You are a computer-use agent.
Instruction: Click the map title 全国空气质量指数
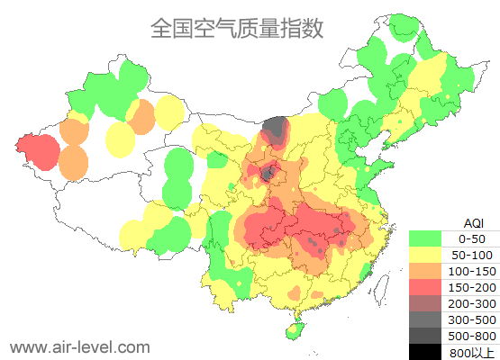(x=236, y=28)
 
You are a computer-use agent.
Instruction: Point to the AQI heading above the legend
(x=473, y=222)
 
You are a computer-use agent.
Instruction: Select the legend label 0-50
(x=471, y=239)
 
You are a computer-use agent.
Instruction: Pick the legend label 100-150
(x=471, y=271)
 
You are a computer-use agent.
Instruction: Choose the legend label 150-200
(x=471, y=287)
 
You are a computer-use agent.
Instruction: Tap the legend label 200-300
(x=471, y=303)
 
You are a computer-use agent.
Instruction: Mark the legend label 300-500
(x=471, y=319)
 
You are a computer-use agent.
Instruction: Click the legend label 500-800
(x=471, y=336)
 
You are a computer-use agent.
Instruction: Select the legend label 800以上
(x=471, y=352)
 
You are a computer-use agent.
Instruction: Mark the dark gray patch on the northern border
(x=277, y=128)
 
